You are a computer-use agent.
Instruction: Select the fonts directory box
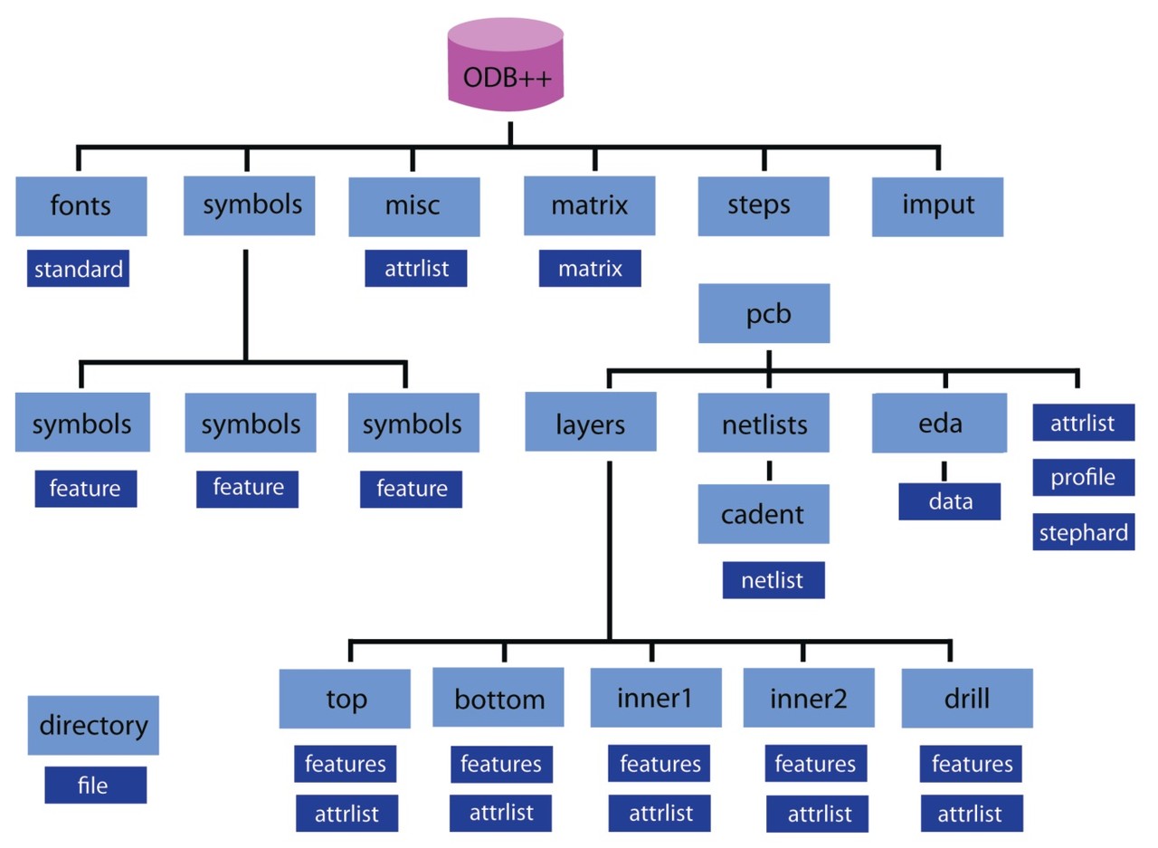point(81,205)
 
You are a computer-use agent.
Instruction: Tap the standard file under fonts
point(78,269)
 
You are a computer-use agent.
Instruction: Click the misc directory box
point(413,205)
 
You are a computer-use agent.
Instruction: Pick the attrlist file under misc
point(416,269)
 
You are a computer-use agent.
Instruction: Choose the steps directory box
point(763,205)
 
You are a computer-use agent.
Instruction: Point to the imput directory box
point(937,205)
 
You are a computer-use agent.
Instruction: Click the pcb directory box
point(764,313)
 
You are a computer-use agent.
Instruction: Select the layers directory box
point(590,422)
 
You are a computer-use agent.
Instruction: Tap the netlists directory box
point(764,422)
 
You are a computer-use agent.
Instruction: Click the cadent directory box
point(764,514)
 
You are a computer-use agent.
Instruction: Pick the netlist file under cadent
point(774,580)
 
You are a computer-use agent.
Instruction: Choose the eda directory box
point(938,422)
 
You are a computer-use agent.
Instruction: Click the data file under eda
point(949,501)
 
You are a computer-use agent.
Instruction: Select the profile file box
point(1083,477)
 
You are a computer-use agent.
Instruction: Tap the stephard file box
point(1083,532)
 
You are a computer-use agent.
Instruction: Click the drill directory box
point(967,698)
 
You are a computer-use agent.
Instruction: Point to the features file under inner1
point(660,764)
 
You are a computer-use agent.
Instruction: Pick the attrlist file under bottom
point(501,812)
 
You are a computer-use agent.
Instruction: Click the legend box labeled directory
point(93,725)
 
